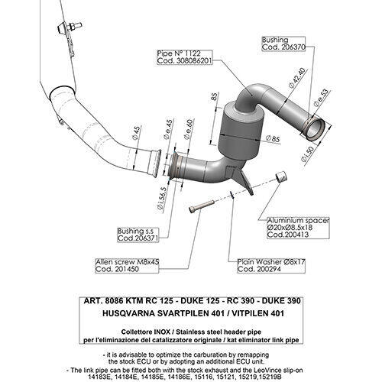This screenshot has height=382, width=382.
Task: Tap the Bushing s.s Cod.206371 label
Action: pos(138,234)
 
